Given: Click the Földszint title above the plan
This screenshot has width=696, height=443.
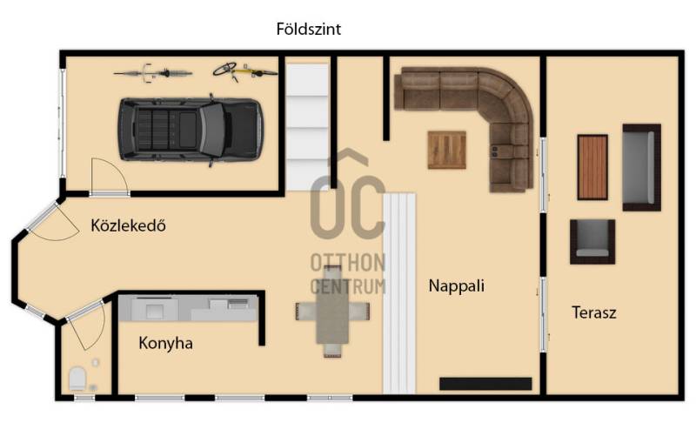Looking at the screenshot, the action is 309,30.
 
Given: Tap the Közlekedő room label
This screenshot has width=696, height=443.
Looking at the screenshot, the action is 128,225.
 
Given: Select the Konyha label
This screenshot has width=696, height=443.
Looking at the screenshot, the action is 165,343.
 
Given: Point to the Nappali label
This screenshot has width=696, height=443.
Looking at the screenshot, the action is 456,285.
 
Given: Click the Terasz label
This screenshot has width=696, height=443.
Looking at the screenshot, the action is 594,312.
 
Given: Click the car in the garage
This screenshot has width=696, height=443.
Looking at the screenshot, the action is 191,130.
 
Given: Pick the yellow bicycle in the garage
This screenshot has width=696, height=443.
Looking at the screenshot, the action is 244,71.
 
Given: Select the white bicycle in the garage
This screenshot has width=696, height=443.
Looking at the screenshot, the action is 153,73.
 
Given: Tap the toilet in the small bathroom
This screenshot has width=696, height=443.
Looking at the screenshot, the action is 77,379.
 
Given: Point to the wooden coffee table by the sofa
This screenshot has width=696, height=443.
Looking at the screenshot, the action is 447,150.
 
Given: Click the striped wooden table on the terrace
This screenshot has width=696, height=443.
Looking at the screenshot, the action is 592,167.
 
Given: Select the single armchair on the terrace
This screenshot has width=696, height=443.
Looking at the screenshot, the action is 592,242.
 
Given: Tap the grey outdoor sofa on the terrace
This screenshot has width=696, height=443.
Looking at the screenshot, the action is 641,167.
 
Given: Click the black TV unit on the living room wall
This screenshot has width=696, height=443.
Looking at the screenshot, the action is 485,384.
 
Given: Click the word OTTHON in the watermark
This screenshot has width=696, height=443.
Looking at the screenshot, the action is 347,263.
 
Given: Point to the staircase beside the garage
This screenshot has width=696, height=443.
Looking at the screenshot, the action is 307,127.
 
